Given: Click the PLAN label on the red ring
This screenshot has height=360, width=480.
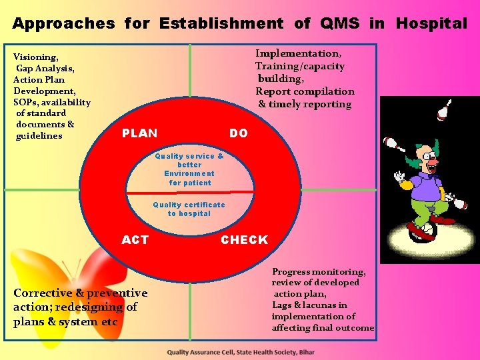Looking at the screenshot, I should click(x=139, y=133).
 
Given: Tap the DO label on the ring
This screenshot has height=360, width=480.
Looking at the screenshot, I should click(x=238, y=133).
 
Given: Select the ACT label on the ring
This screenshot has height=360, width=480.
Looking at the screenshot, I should click(x=135, y=240).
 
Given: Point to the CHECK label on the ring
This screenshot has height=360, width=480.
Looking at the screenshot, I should click(x=244, y=240).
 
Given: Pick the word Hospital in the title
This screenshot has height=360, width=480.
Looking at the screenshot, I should click(x=431, y=24).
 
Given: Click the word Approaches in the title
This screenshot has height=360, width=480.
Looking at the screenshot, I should click(x=63, y=24).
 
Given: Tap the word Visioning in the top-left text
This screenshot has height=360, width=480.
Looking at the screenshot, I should click(x=35, y=57).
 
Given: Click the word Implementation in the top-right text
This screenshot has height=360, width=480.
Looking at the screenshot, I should click(x=297, y=53).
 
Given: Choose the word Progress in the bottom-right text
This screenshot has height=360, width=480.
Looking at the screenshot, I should click(x=293, y=272).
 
